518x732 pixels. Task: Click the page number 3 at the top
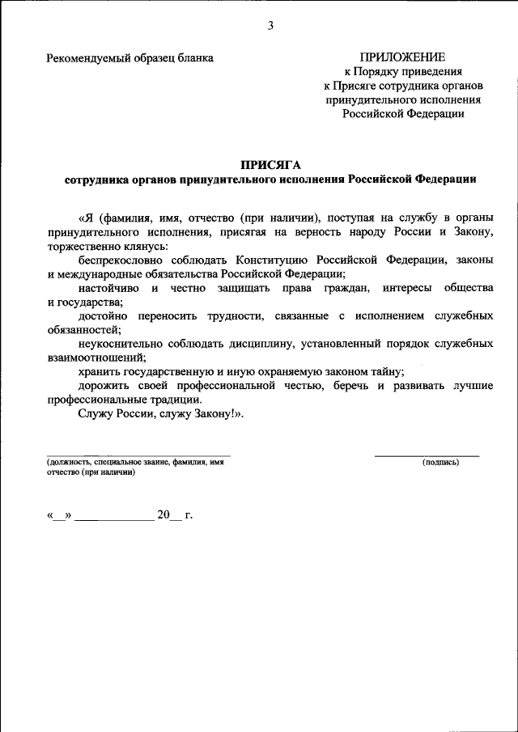(271, 26)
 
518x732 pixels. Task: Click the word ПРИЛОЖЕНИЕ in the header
(403, 57)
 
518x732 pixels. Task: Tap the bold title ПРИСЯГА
(270, 165)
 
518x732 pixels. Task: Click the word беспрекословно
(121, 260)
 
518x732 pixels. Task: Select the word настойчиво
(108, 288)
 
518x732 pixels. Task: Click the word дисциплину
(261, 343)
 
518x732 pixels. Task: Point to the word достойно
(104, 315)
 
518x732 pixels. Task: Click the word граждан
(346, 288)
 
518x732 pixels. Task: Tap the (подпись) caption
(440, 462)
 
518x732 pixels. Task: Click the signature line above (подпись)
(427, 455)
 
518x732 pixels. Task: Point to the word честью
(303, 385)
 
